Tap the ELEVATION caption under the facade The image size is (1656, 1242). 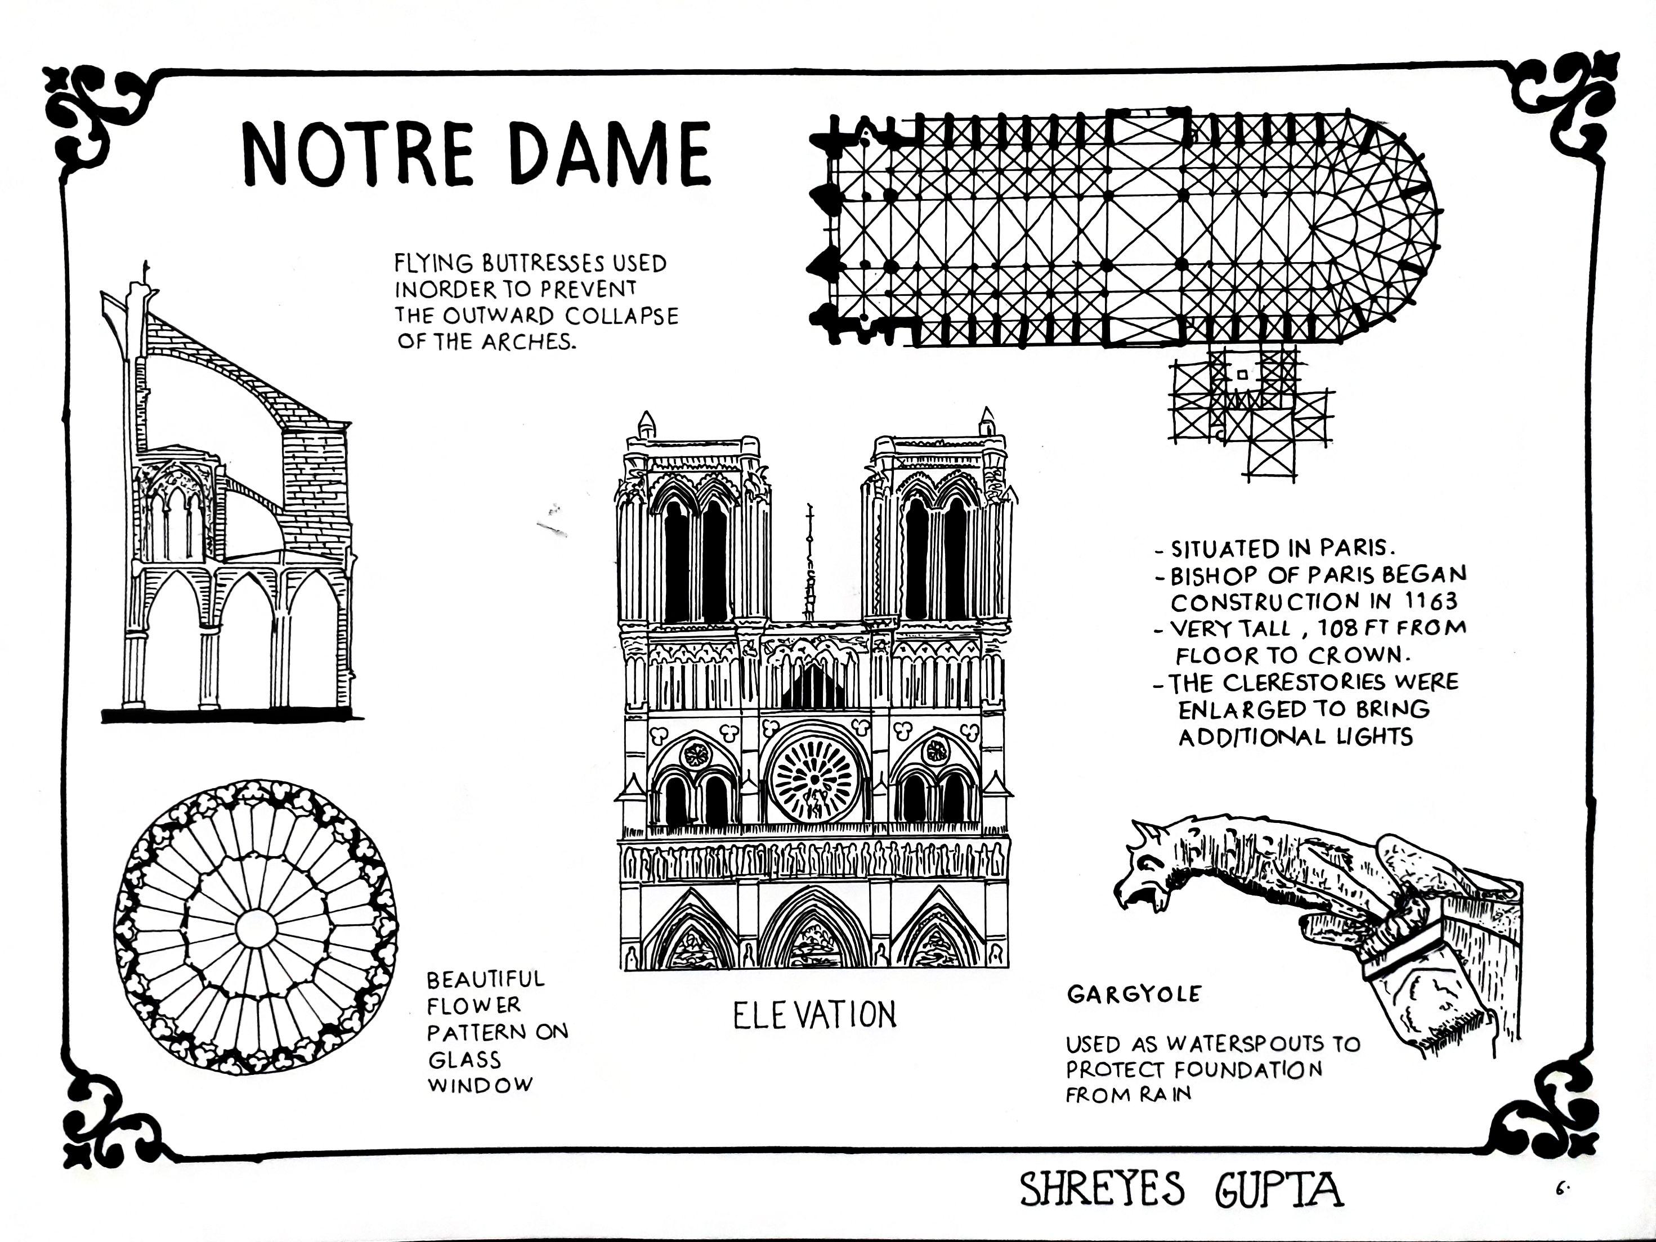[x=814, y=1015]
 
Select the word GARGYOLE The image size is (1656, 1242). [x=1134, y=994]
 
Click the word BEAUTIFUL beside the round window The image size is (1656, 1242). [x=485, y=979]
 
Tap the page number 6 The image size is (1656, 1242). [x=1560, y=1187]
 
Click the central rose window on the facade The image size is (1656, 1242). [x=814, y=782]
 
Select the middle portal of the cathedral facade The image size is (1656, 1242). [x=814, y=931]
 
